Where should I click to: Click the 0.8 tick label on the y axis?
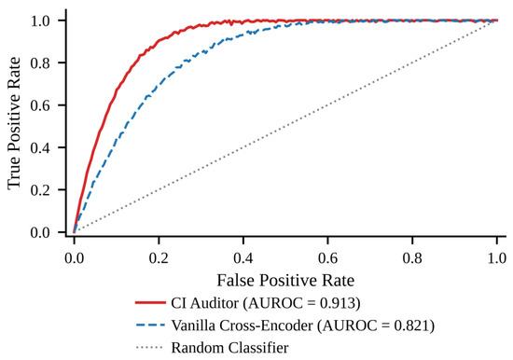tap(40, 62)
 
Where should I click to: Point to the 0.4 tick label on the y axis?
tap(40, 147)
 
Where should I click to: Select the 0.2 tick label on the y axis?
tap(40, 190)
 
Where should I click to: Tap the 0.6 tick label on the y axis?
tap(40, 105)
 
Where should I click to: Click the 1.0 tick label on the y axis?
tap(40, 21)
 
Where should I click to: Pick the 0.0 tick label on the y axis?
tap(40, 232)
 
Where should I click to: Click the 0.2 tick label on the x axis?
tap(159, 258)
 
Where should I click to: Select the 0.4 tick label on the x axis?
tap(243, 258)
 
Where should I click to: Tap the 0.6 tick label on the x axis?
tap(327, 258)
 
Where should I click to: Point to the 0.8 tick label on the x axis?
tap(412, 258)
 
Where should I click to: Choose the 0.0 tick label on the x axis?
tap(75, 258)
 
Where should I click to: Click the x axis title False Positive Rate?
tap(285, 281)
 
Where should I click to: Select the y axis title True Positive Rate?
tap(14, 123)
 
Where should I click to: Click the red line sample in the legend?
tap(150, 303)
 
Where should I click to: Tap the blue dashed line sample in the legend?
tap(150, 325)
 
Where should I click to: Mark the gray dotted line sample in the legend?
tap(150, 347)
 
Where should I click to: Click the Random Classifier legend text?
tap(229, 348)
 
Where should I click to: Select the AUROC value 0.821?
tap(412, 325)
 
